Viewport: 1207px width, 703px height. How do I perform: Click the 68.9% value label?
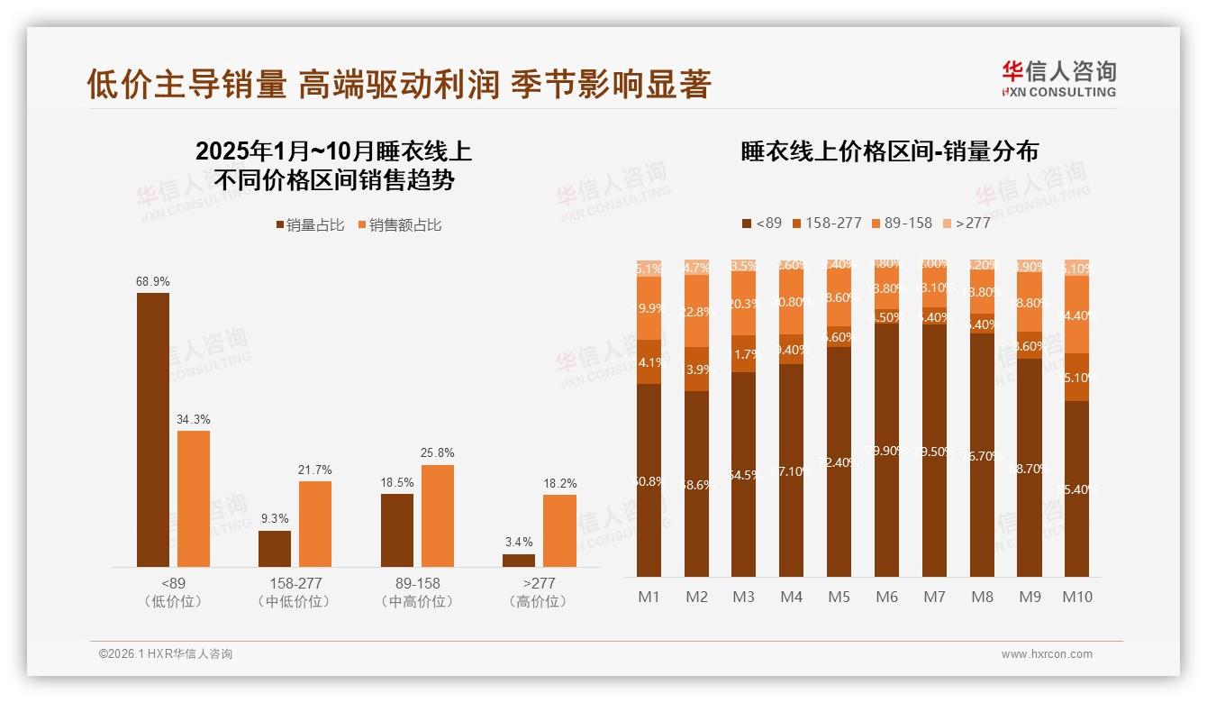[x=153, y=281]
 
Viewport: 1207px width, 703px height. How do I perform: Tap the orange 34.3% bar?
[x=194, y=498]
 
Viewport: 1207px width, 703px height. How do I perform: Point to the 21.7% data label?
[x=315, y=470]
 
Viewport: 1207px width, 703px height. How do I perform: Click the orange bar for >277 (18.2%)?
[x=559, y=531]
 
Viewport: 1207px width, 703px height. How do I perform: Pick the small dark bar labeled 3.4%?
[x=519, y=561]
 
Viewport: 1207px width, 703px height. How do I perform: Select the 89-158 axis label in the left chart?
[x=417, y=583]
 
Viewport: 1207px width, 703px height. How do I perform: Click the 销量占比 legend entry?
[x=309, y=225]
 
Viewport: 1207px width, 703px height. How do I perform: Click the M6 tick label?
[x=886, y=597]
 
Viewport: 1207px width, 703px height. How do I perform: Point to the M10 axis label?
[x=1077, y=597]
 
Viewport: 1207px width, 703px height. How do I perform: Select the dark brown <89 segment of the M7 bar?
[x=934, y=451]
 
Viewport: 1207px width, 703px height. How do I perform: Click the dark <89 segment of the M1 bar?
[x=649, y=480]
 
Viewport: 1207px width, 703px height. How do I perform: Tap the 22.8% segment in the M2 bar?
[x=696, y=312]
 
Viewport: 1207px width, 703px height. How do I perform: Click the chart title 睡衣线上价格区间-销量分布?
[x=889, y=151]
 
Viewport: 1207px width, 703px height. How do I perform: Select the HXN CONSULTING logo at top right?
[x=1059, y=78]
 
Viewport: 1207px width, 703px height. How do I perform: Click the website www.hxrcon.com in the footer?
[x=1047, y=654]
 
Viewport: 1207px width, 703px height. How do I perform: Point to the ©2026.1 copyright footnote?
[x=166, y=654]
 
